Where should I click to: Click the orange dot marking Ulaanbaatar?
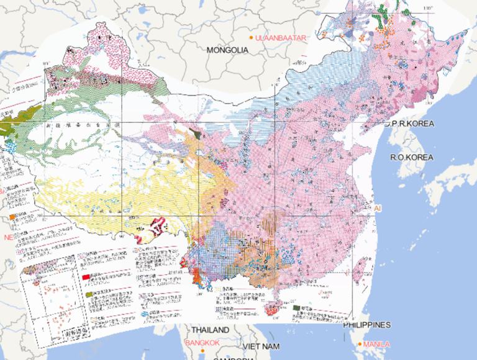[x=251, y=38]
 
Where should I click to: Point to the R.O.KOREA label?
[x=411, y=158]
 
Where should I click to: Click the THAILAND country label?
[x=210, y=330]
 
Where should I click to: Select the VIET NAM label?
[x=261, y=346]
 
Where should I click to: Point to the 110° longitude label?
[x=427, y=7]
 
